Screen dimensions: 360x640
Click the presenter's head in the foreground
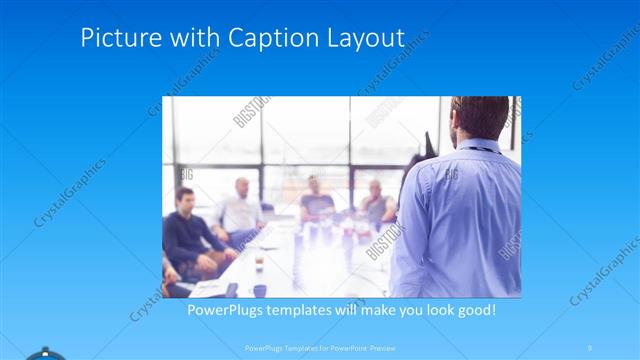[479, 118]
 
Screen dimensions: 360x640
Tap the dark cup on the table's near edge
[259, 290]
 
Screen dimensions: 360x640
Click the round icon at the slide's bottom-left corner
[45, 354]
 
